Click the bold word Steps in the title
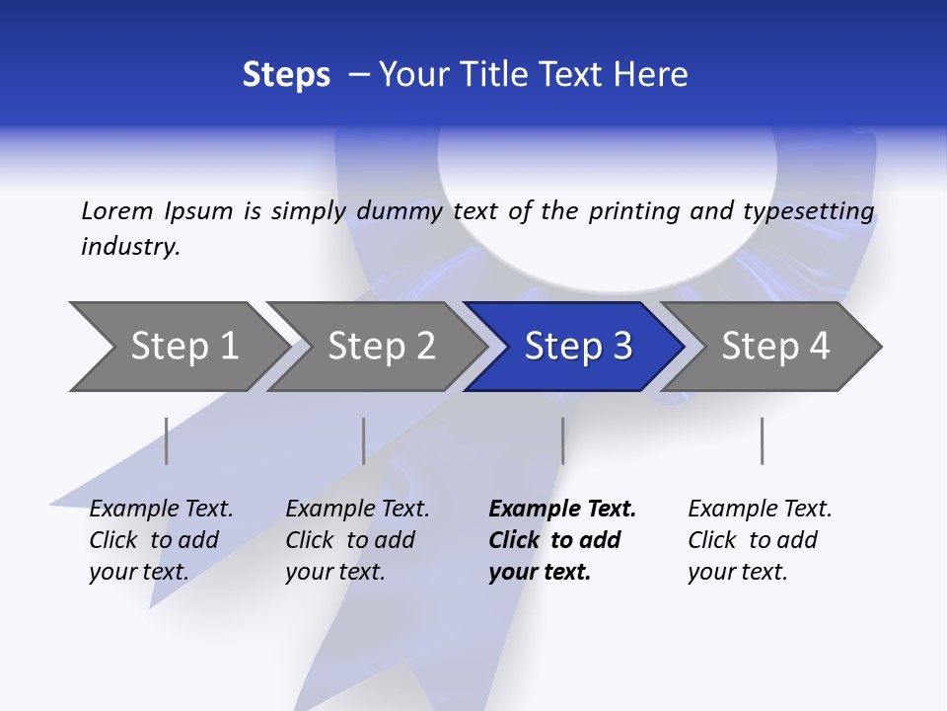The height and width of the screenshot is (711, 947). (286, 75)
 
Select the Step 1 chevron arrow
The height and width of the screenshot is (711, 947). (178, 347)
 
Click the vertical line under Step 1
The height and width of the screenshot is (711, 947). (167, 440)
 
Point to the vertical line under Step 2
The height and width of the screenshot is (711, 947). (364, 440)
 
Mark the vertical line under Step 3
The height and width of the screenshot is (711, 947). (562, 440)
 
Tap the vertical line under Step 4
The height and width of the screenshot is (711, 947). (762, 440)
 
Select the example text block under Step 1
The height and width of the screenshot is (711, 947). (161, 540)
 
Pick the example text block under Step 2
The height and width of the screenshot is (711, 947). (357, 540)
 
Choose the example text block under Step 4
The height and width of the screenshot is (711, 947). (760, 540)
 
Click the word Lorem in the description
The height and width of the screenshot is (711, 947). (116, 211)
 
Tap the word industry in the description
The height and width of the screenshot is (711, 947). (130, 247)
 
